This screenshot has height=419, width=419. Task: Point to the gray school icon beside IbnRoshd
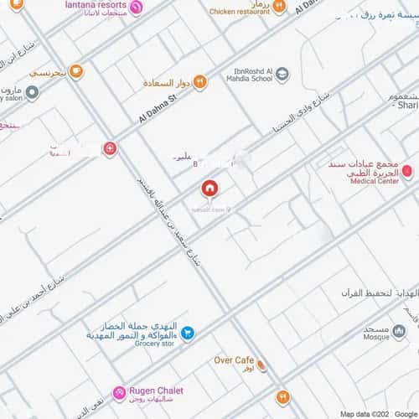[x=282, y=74]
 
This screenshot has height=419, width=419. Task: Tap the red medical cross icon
[x=110, y=148]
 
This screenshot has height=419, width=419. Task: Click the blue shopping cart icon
[x=189, y=333]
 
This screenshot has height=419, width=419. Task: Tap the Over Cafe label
[x=234, y=360]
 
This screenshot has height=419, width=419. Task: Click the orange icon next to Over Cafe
[x=262, y=365]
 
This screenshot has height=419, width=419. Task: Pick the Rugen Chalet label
[x=155, y=391]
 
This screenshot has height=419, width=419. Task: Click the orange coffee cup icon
[x=76, y=71]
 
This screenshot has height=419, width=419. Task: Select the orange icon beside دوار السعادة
[x=199, y=81]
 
